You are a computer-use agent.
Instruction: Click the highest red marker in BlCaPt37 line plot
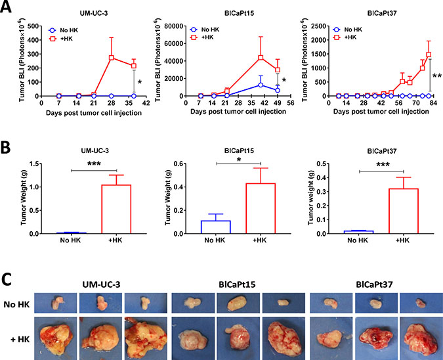pos(429,55)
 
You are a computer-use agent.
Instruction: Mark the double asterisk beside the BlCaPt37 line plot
pos(436,76)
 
